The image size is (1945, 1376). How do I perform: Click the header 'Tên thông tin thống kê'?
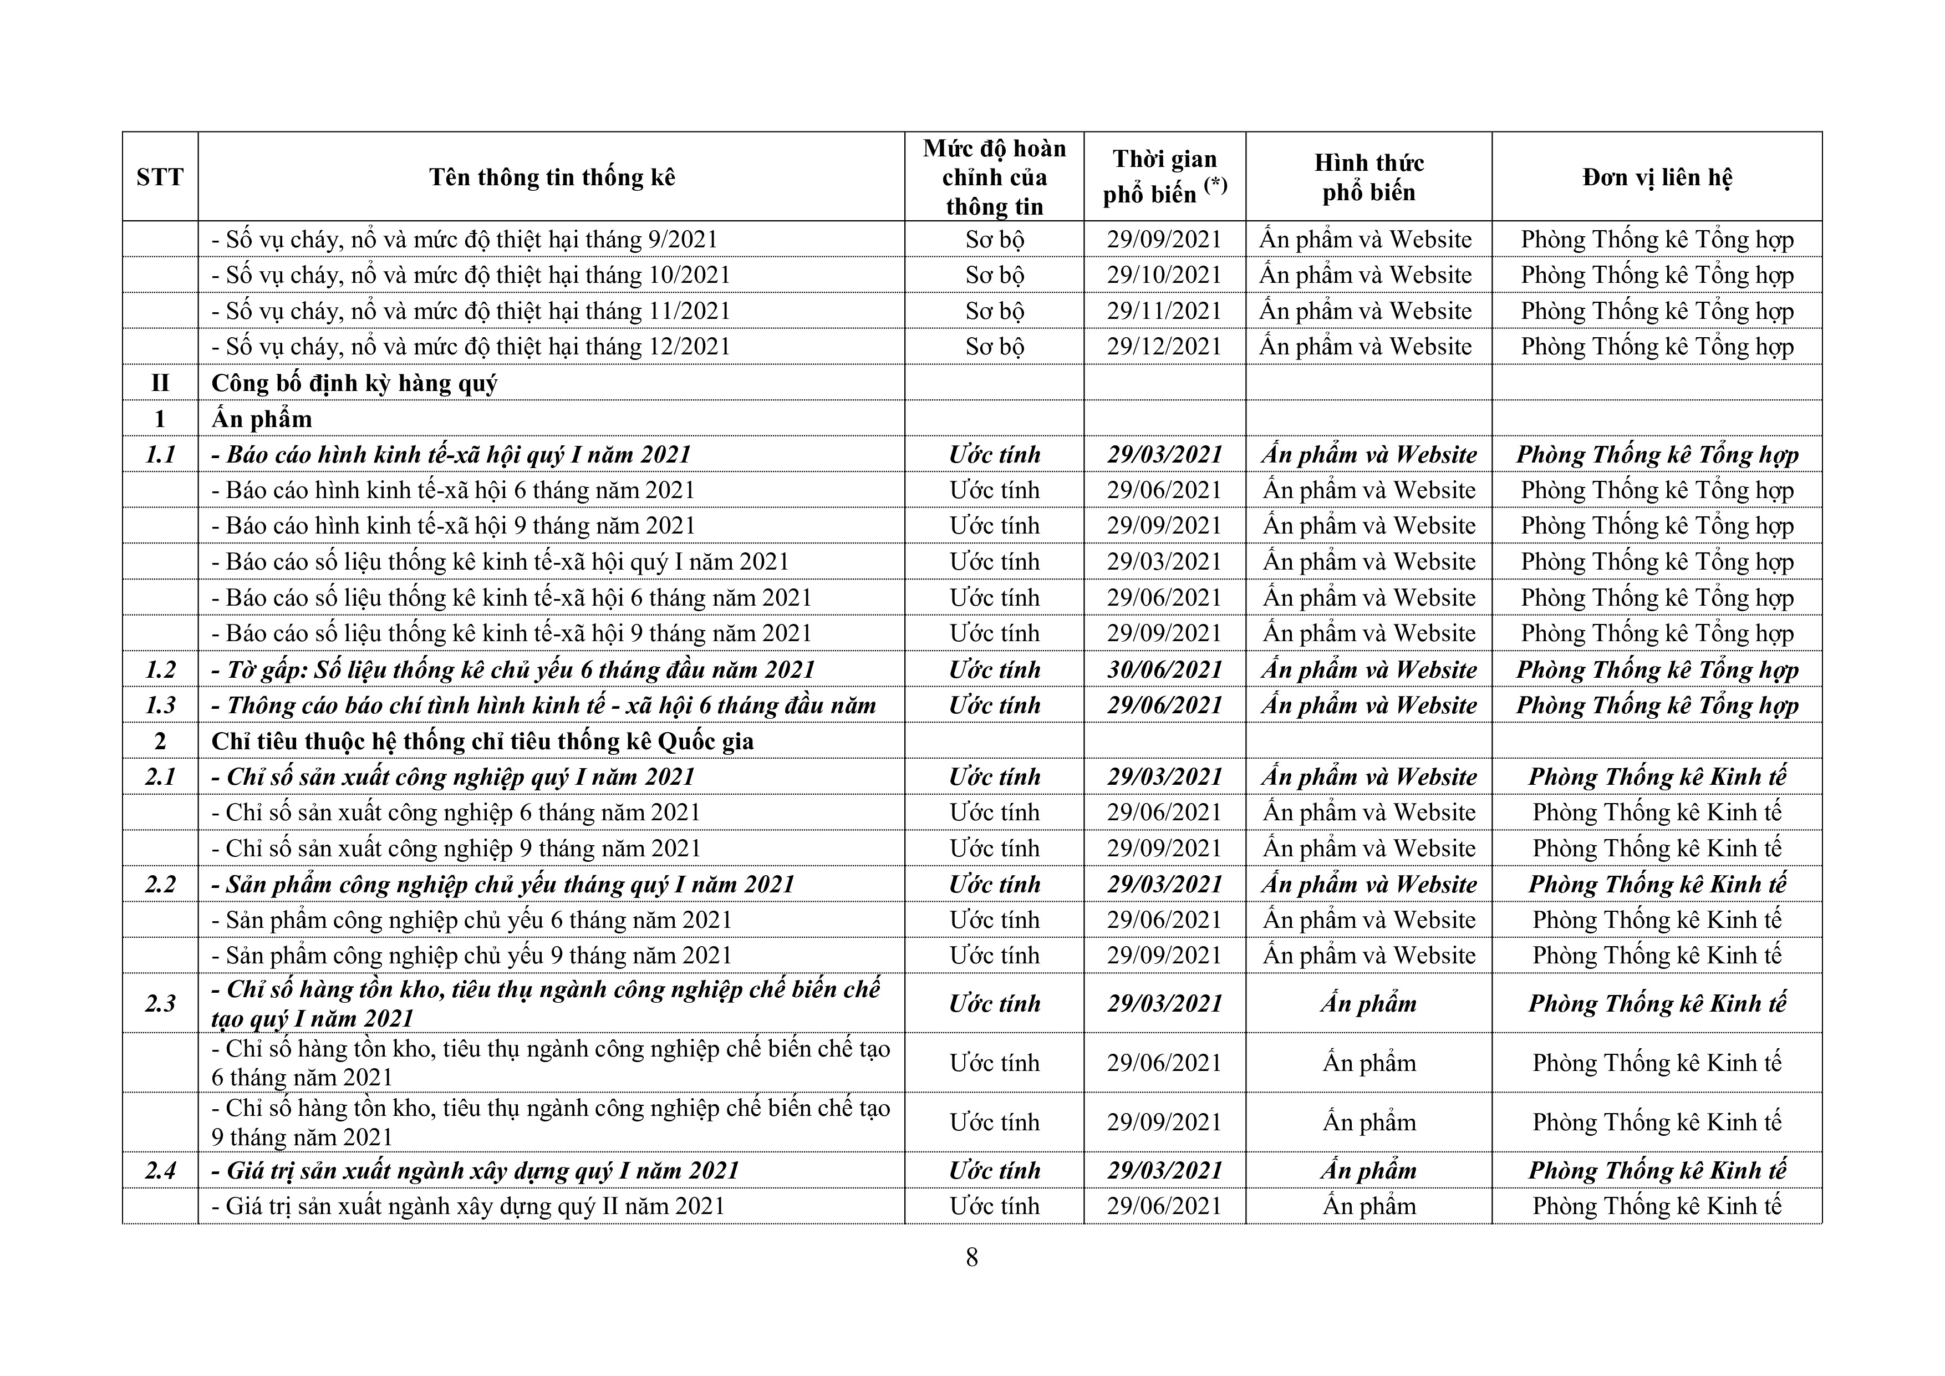point(552,177)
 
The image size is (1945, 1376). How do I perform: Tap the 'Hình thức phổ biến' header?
point(1368,177)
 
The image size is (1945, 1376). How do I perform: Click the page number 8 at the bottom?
point(971,1257)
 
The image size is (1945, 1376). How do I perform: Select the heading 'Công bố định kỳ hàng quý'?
point(354,383)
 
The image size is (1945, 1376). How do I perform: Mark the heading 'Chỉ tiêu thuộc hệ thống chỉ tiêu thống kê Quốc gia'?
point(482,742)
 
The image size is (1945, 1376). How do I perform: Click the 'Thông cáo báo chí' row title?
point(543,705)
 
